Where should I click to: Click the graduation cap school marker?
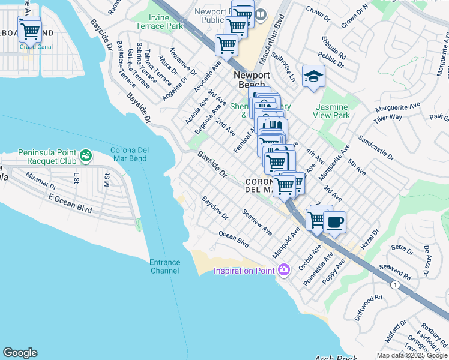pos(313,77)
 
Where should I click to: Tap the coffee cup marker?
pos(335,222)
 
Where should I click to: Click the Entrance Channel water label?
pos(164,266)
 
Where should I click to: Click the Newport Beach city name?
pos(252,80)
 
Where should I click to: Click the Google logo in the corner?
pos(20,353)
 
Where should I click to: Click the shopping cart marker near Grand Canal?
pos(29,31)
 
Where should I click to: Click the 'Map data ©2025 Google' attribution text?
pos(412,355)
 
